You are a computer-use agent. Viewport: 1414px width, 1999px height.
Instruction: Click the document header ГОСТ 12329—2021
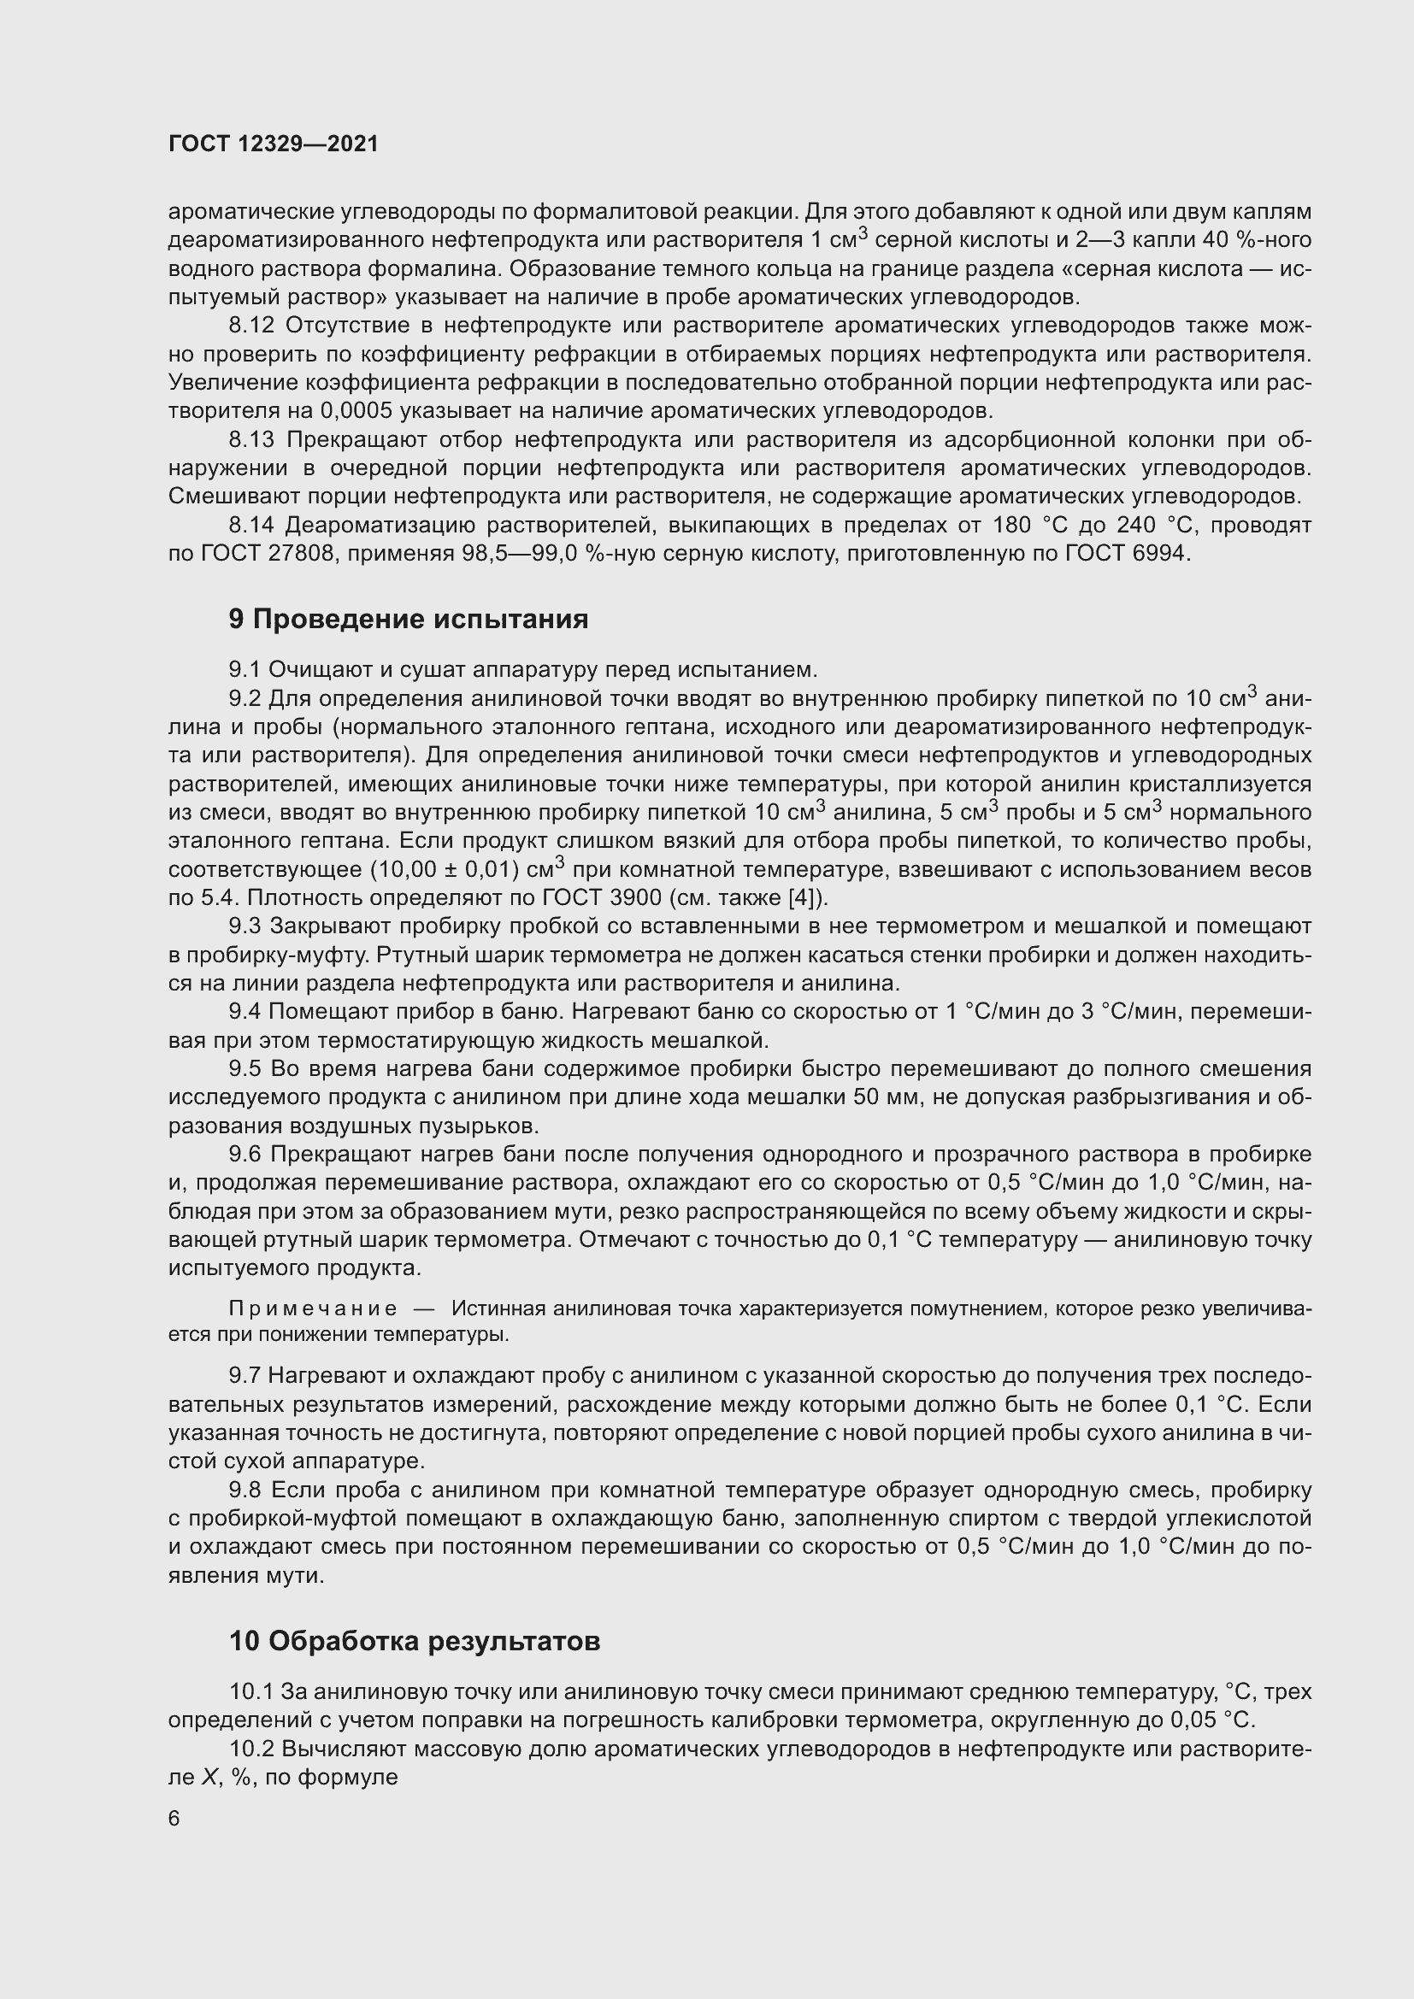click(x=274, y=144)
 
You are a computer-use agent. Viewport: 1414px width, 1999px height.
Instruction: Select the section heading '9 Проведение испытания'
click(x=409, y=618)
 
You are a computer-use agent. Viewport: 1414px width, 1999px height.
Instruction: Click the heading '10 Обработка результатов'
click(x=415, y=1641)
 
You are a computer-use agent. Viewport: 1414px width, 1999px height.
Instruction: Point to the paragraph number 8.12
click(x=251, y=326)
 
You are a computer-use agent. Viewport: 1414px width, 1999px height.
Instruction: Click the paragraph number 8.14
click(x=251, y=525)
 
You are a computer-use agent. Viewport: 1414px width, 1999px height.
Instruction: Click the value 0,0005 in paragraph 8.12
click(x=356, y=411)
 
